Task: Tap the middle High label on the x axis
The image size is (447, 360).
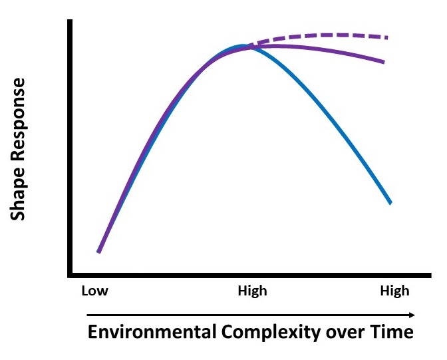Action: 252,291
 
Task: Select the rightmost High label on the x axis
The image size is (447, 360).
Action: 394,291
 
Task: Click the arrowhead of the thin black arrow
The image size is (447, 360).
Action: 413,314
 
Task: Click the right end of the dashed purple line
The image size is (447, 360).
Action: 387,37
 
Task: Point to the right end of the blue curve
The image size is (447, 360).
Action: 390,203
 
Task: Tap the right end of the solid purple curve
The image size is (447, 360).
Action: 384,63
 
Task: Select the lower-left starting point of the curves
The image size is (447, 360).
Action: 98,252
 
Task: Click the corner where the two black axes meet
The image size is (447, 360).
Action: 70,275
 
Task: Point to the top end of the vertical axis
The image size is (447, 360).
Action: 70,21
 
